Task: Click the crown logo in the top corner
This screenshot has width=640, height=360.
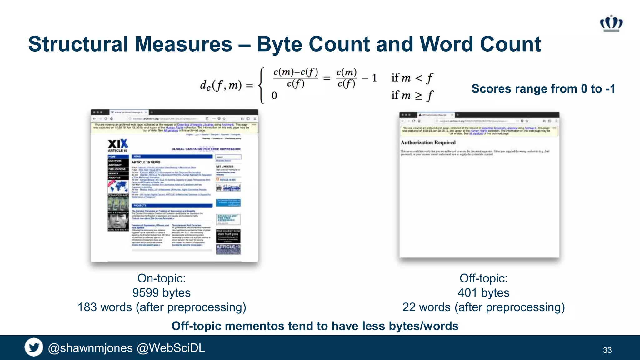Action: pyautogui.click(x=611, y=23)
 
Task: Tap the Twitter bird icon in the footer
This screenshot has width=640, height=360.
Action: pyautogui.click(x=34, y=347)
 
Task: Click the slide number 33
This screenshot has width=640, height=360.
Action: pyautogui.click(x=607, y=350)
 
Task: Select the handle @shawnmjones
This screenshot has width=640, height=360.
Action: pyautogui.click(x=90, y=348)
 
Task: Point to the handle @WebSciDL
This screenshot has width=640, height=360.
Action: pyautogui.click(x=171, y=348)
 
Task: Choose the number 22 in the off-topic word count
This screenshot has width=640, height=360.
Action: pyautogui.click(x=409, y=307)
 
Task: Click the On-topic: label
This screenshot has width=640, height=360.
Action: pyautogui.click(x=162, y=278)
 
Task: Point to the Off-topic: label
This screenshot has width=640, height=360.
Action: pyautogui.click(x=483, y=278)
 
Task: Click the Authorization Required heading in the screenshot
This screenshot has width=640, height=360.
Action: pyautogui.click(x=428, y=142)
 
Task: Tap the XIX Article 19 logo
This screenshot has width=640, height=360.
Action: pyautogui.click(x=118, y=145)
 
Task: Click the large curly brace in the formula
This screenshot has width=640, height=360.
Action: pyautogui.click(x=262, y=85)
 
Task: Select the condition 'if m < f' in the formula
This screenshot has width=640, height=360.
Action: pyautogui.click(x=412, y=77)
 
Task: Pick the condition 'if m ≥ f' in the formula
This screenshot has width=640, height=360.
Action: pyautogui.click(x=412, y=95)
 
